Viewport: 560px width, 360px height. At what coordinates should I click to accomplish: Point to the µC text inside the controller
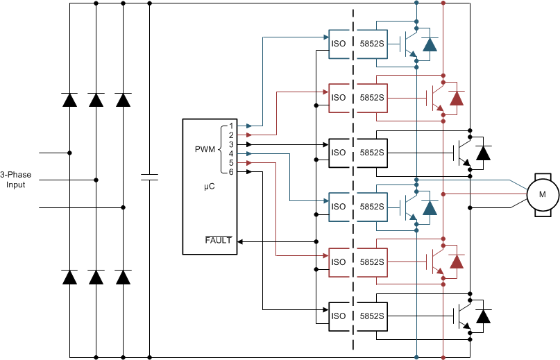point(210,187)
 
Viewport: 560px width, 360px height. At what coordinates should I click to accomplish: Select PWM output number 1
point(231,126)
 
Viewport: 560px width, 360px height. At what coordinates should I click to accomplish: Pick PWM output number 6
point(231,171)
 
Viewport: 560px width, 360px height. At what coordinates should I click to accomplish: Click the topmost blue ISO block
point(339,43)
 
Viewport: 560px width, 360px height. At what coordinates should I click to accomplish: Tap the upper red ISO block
point(339,97)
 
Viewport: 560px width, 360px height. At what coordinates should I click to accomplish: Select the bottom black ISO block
point(339,316)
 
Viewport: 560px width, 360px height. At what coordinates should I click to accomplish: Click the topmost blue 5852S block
point(372,43)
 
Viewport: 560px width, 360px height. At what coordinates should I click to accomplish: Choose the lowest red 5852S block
point(372,262)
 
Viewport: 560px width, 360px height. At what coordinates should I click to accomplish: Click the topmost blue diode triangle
point(430,44)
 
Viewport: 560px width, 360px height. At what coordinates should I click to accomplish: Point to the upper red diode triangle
point(456,98)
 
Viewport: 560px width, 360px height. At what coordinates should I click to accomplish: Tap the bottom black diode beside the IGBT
point(483,316)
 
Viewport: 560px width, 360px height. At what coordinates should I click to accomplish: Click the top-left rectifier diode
point(69,99)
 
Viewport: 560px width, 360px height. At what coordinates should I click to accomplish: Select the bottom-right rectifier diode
point(124,277)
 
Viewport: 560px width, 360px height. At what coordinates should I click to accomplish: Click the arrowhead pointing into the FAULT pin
point(240,241)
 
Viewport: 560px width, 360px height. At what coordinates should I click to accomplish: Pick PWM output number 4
point(231,153)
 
